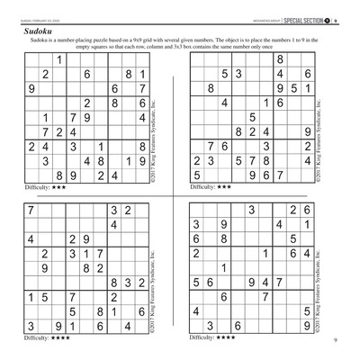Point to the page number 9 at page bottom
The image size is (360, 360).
[x=334, y=340]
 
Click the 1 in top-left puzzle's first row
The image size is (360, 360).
[x=59, y=59]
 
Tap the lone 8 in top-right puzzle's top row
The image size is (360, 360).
[x=280, y=59]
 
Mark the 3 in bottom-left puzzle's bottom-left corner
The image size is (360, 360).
[x=32, y=327]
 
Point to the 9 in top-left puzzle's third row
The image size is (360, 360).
[x=32, y=89]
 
